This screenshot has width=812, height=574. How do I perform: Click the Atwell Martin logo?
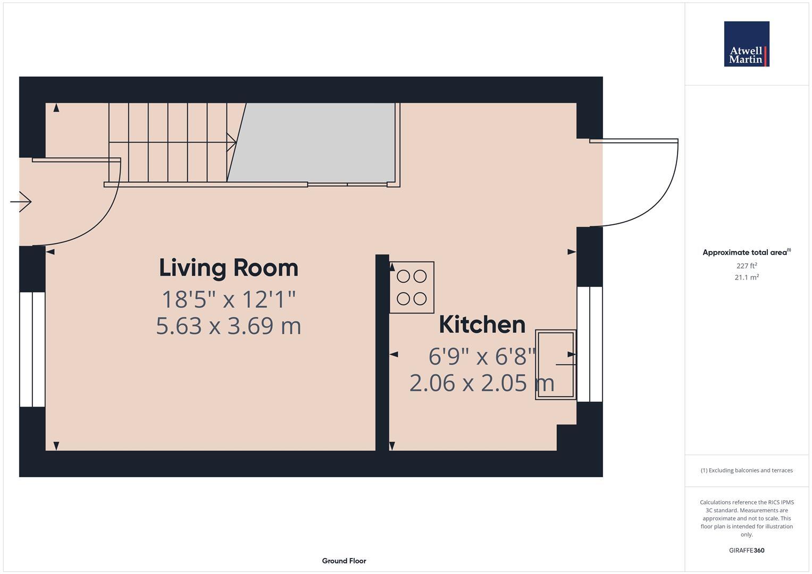point(746,44)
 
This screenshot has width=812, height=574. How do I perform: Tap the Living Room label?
point(229,267)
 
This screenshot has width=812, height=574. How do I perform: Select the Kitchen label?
point(482,324)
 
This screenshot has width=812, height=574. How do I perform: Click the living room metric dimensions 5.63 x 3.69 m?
point(229,326)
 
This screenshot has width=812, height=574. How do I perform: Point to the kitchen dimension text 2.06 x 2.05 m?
point(482,383)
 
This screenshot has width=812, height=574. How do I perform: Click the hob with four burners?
point(412,287)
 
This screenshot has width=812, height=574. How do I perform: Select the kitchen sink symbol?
point(556,365)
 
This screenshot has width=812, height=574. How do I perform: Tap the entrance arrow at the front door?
point(22,201)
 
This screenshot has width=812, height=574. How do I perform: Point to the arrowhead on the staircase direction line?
point(232,142)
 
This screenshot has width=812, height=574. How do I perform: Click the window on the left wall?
point(32,349)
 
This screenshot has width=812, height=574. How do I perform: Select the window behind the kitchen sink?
point(590,344)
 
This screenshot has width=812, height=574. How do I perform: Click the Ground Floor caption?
point(344,561)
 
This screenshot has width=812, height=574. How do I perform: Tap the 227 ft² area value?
point(746,266)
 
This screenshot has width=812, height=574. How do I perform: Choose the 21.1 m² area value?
point(746,277)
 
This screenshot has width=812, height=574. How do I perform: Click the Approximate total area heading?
point(746,252)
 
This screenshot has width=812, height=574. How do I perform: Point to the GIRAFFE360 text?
point(746,550)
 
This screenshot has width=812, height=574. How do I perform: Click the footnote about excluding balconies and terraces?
point(746,470)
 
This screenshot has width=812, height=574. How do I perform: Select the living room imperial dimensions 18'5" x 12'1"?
point(229,299)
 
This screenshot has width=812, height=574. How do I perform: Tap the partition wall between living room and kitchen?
point(382,353)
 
